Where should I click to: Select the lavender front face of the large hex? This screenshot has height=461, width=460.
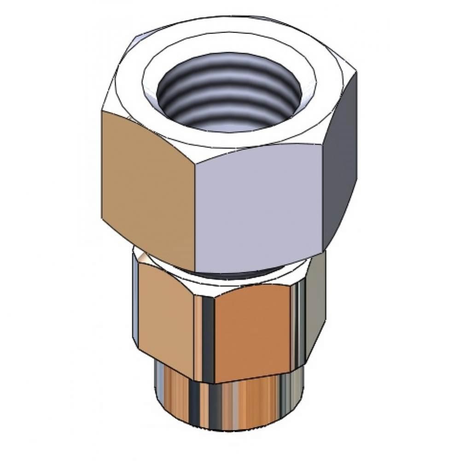pos(258,207)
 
